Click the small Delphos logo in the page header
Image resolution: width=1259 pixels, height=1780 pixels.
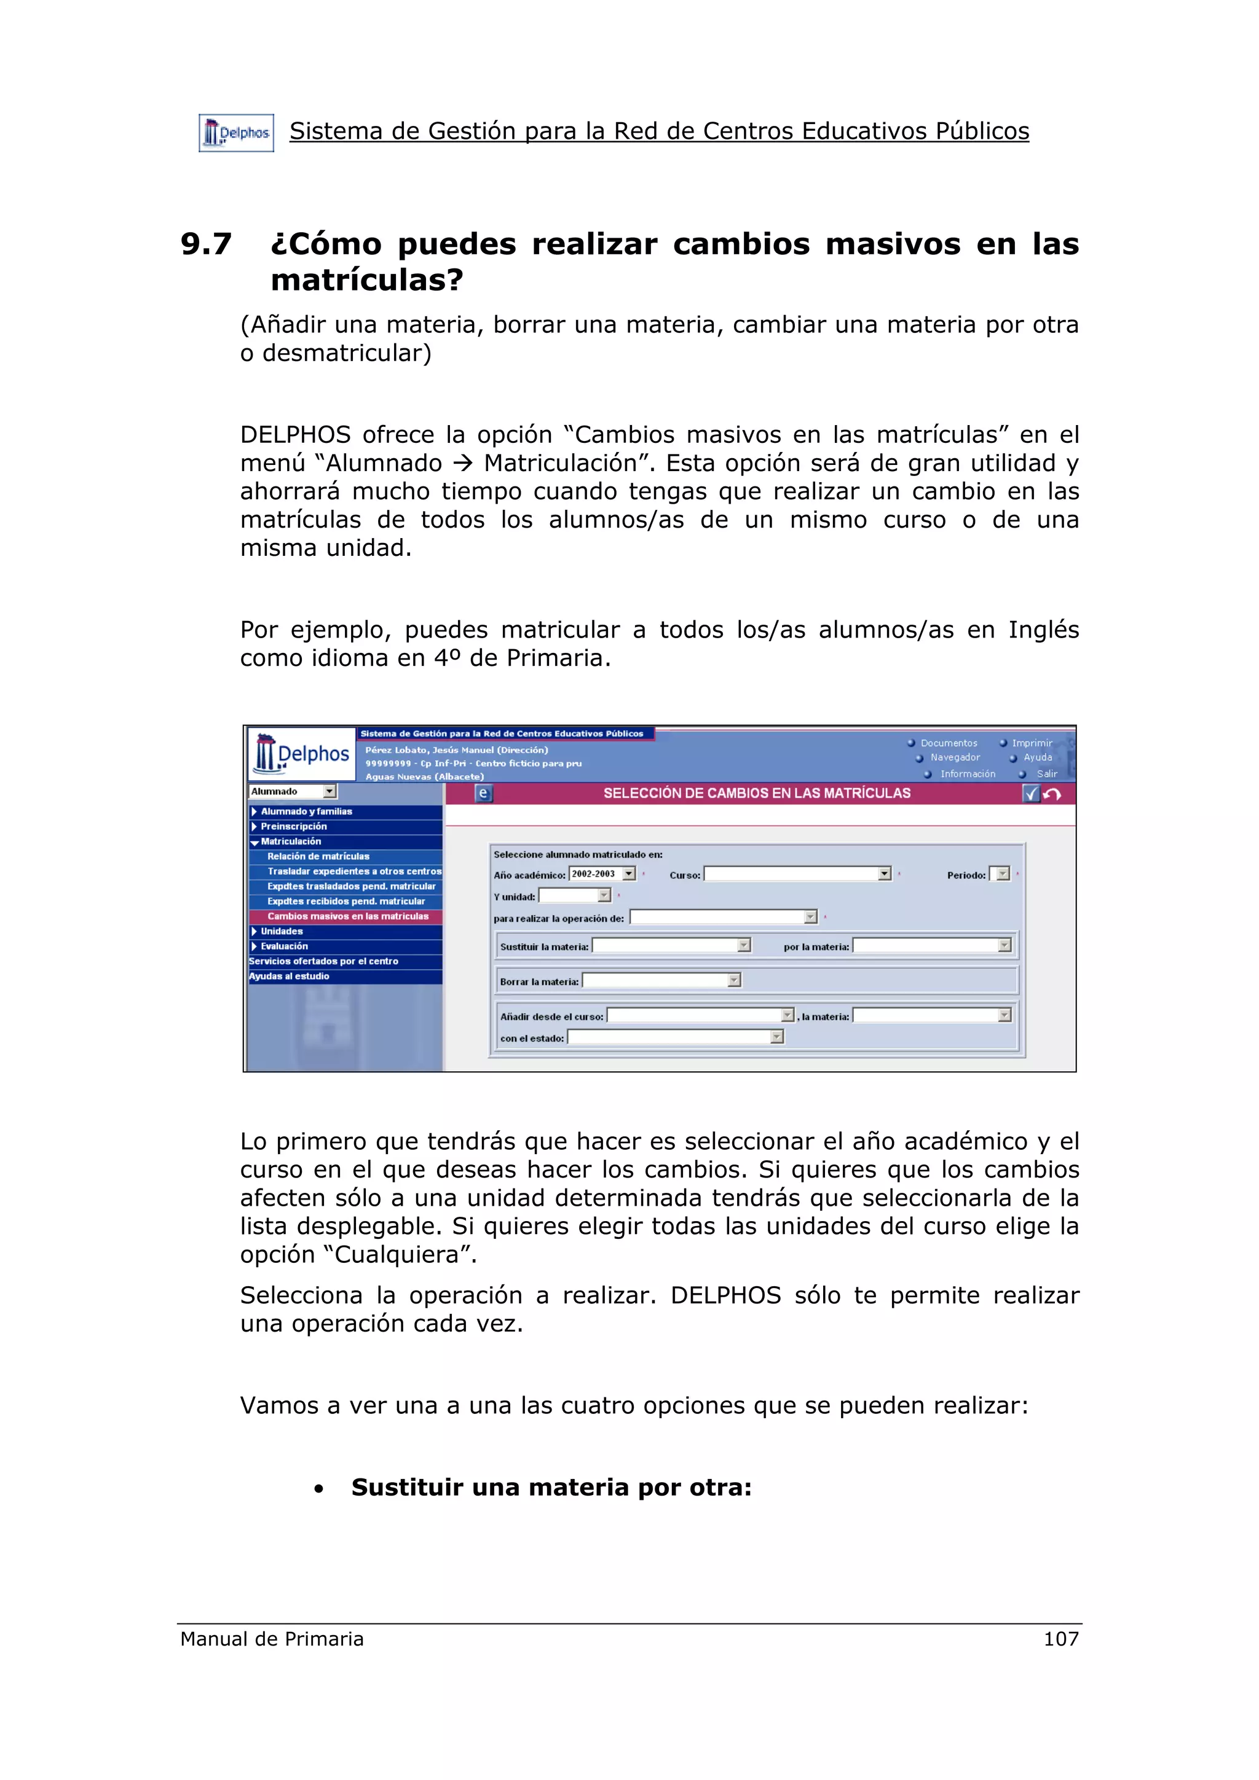pos(236,133)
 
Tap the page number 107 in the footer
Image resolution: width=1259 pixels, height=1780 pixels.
pos(1060,1638)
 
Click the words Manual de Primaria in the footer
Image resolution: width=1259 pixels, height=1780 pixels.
pos(272,1638)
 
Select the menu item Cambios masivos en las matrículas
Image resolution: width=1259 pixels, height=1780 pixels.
pos(347,916)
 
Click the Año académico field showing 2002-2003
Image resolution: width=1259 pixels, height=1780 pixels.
pos(602,873)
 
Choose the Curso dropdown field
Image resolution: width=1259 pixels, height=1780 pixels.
pos(797,873)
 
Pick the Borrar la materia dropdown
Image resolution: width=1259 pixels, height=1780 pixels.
pos(661,981)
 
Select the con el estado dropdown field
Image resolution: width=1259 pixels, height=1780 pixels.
pos(675,1037)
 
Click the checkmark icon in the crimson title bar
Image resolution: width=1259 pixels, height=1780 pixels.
pos(1031,793)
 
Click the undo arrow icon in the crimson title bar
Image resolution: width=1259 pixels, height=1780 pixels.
pos(1052,793)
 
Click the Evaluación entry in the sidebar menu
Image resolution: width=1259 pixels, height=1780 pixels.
pos(284,947)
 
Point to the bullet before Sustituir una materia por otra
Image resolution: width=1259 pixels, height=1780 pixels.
pos(319,1489)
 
